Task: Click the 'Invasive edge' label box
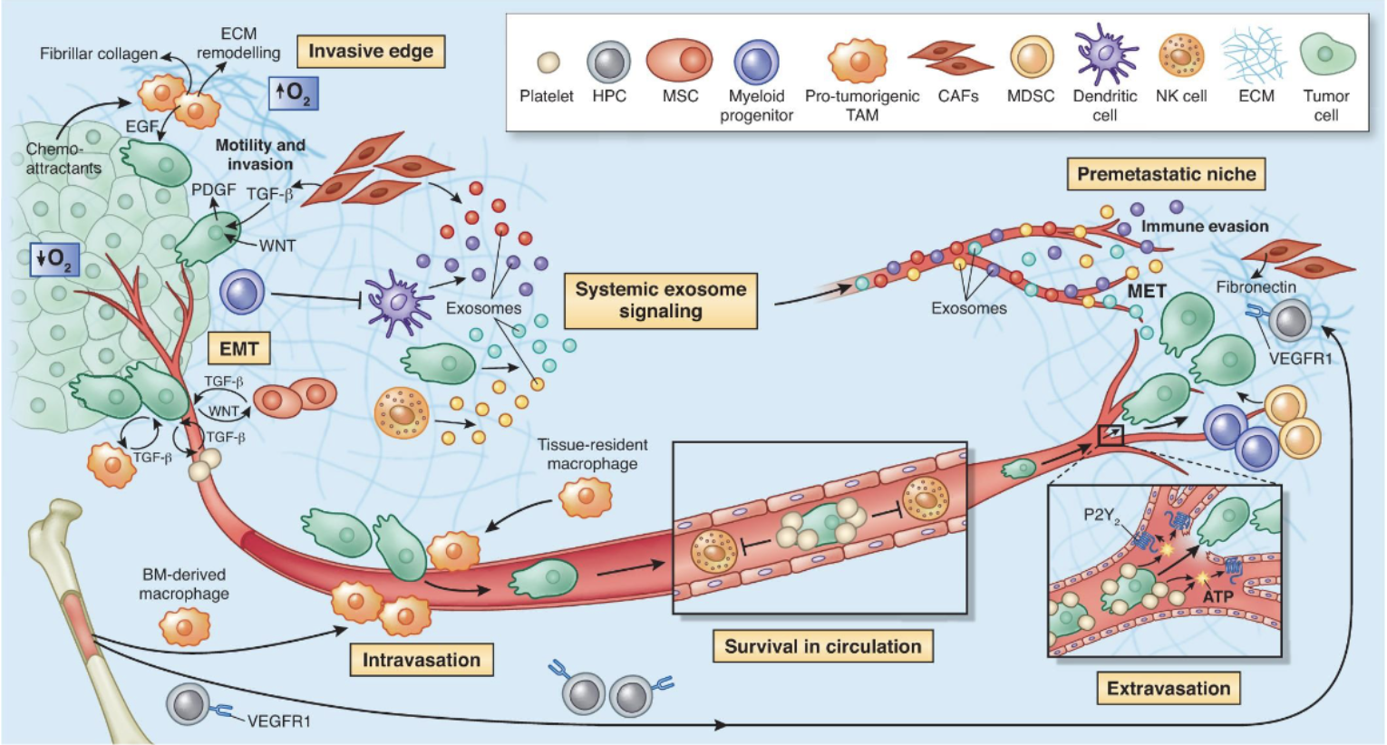[371, 52]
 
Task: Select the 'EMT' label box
[239, 349]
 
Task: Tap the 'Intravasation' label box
[422, 660]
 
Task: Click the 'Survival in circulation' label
[822, 646]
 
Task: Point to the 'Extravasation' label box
[1169, 688]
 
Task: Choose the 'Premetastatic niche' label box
[1167, 174]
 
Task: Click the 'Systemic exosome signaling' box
[661, 300]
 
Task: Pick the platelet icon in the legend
[548, 63]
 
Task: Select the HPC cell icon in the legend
[609, 63]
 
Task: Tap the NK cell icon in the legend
[1181, 56]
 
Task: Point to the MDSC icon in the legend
[1032, 57]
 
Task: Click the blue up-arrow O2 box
[295, 92]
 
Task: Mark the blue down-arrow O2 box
[55, 258]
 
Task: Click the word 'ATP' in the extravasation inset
[1217, 596]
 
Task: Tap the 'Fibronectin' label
[1256, 287]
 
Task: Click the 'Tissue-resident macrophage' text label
[592, 454]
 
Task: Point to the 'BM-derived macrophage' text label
[184, 584]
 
